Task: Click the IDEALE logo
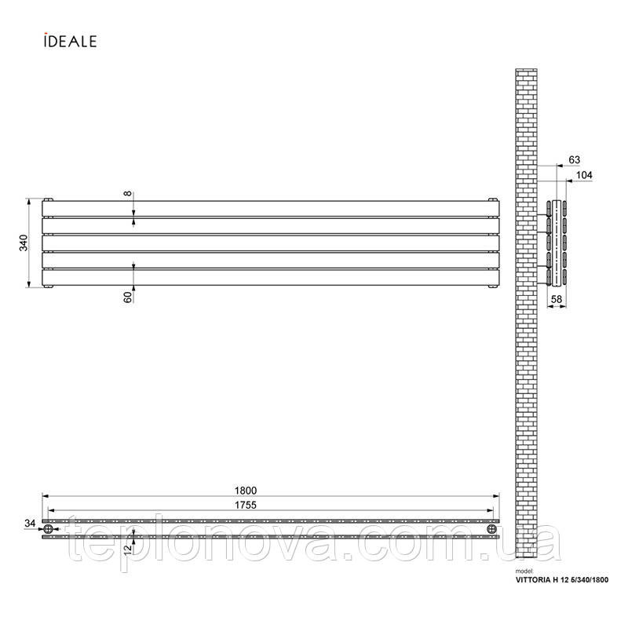click(x=71, y=41)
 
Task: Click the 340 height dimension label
click(x=24, y=243)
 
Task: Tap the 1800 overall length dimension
click(x=246, y=491)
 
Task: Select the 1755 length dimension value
click(x=246, y=505)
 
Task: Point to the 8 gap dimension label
click(x=127, y=193)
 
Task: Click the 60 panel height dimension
click(x=127, y=298)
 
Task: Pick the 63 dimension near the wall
click(x=575, y=160)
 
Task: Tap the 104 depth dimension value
click(x=584, y=175)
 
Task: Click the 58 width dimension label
click(x=557, y=299)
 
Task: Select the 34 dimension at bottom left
click(x=30, y=523)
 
